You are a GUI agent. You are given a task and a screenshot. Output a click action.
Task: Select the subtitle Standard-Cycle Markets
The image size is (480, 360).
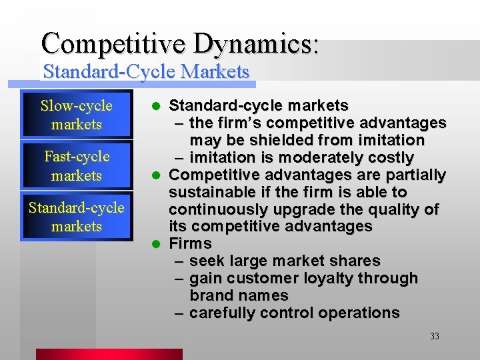[145, 71]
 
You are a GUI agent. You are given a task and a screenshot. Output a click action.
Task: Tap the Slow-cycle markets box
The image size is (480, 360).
[76, 115]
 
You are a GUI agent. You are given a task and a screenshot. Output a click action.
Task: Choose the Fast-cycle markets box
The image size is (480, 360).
[76, 166]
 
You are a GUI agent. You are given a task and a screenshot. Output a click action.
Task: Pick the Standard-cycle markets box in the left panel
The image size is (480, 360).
[76, 217]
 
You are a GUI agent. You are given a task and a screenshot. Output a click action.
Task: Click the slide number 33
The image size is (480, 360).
[434, 337]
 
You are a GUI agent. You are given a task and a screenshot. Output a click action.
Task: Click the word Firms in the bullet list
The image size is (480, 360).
[190, 243]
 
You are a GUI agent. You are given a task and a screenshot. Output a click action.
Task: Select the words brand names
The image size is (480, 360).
[239, 295]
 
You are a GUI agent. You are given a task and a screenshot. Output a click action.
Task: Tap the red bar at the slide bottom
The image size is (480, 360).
[109, 354]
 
